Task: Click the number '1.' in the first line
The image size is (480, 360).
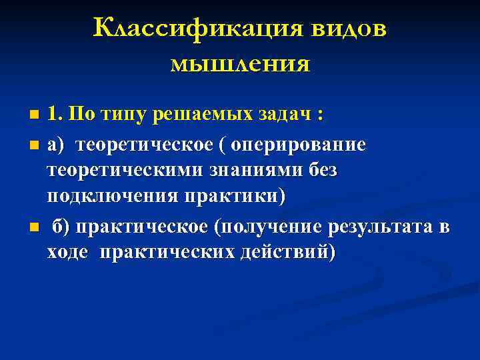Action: (x=55, y=114)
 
